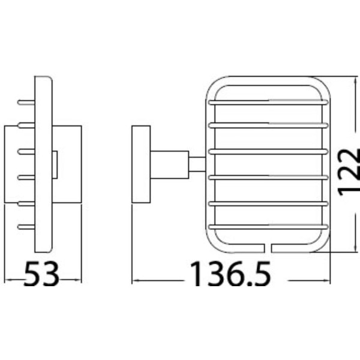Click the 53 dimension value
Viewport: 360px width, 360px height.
click(41, 274)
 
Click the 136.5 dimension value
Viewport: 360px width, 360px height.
click(231, 274)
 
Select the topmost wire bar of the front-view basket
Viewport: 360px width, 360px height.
click(268, 103)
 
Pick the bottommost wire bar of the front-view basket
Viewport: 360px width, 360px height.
click(268, 227)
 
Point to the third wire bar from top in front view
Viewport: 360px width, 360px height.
click(268, 152)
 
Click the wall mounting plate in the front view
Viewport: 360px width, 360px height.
click(141, 164)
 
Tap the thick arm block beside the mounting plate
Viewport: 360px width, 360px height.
click(169, 164)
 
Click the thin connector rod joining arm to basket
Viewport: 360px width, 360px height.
click(197, 164)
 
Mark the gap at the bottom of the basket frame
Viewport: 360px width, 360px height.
click(268, 248)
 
